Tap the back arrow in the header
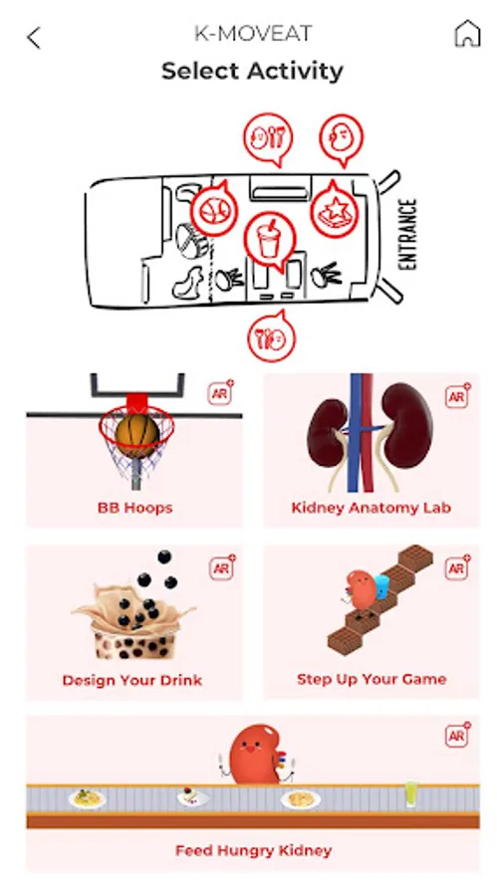point(34,38)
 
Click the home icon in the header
point(467,34)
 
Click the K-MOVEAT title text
point(253,34)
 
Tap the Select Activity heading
point(252,72)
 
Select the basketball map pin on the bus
point(213,210)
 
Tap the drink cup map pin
point(269,239)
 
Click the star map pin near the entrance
point(335,210)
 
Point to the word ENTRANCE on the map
point(407,234)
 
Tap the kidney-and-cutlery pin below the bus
point(272,337)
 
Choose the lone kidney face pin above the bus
point(341,138)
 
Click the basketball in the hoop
point(136,437)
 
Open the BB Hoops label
point(134,508)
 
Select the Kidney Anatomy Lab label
point(372,508)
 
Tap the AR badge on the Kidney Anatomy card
point(458,395)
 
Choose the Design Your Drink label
point(132,681)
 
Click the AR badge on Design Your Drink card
point(221,568)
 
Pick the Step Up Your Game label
point(372,679)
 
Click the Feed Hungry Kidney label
point(253,851)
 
